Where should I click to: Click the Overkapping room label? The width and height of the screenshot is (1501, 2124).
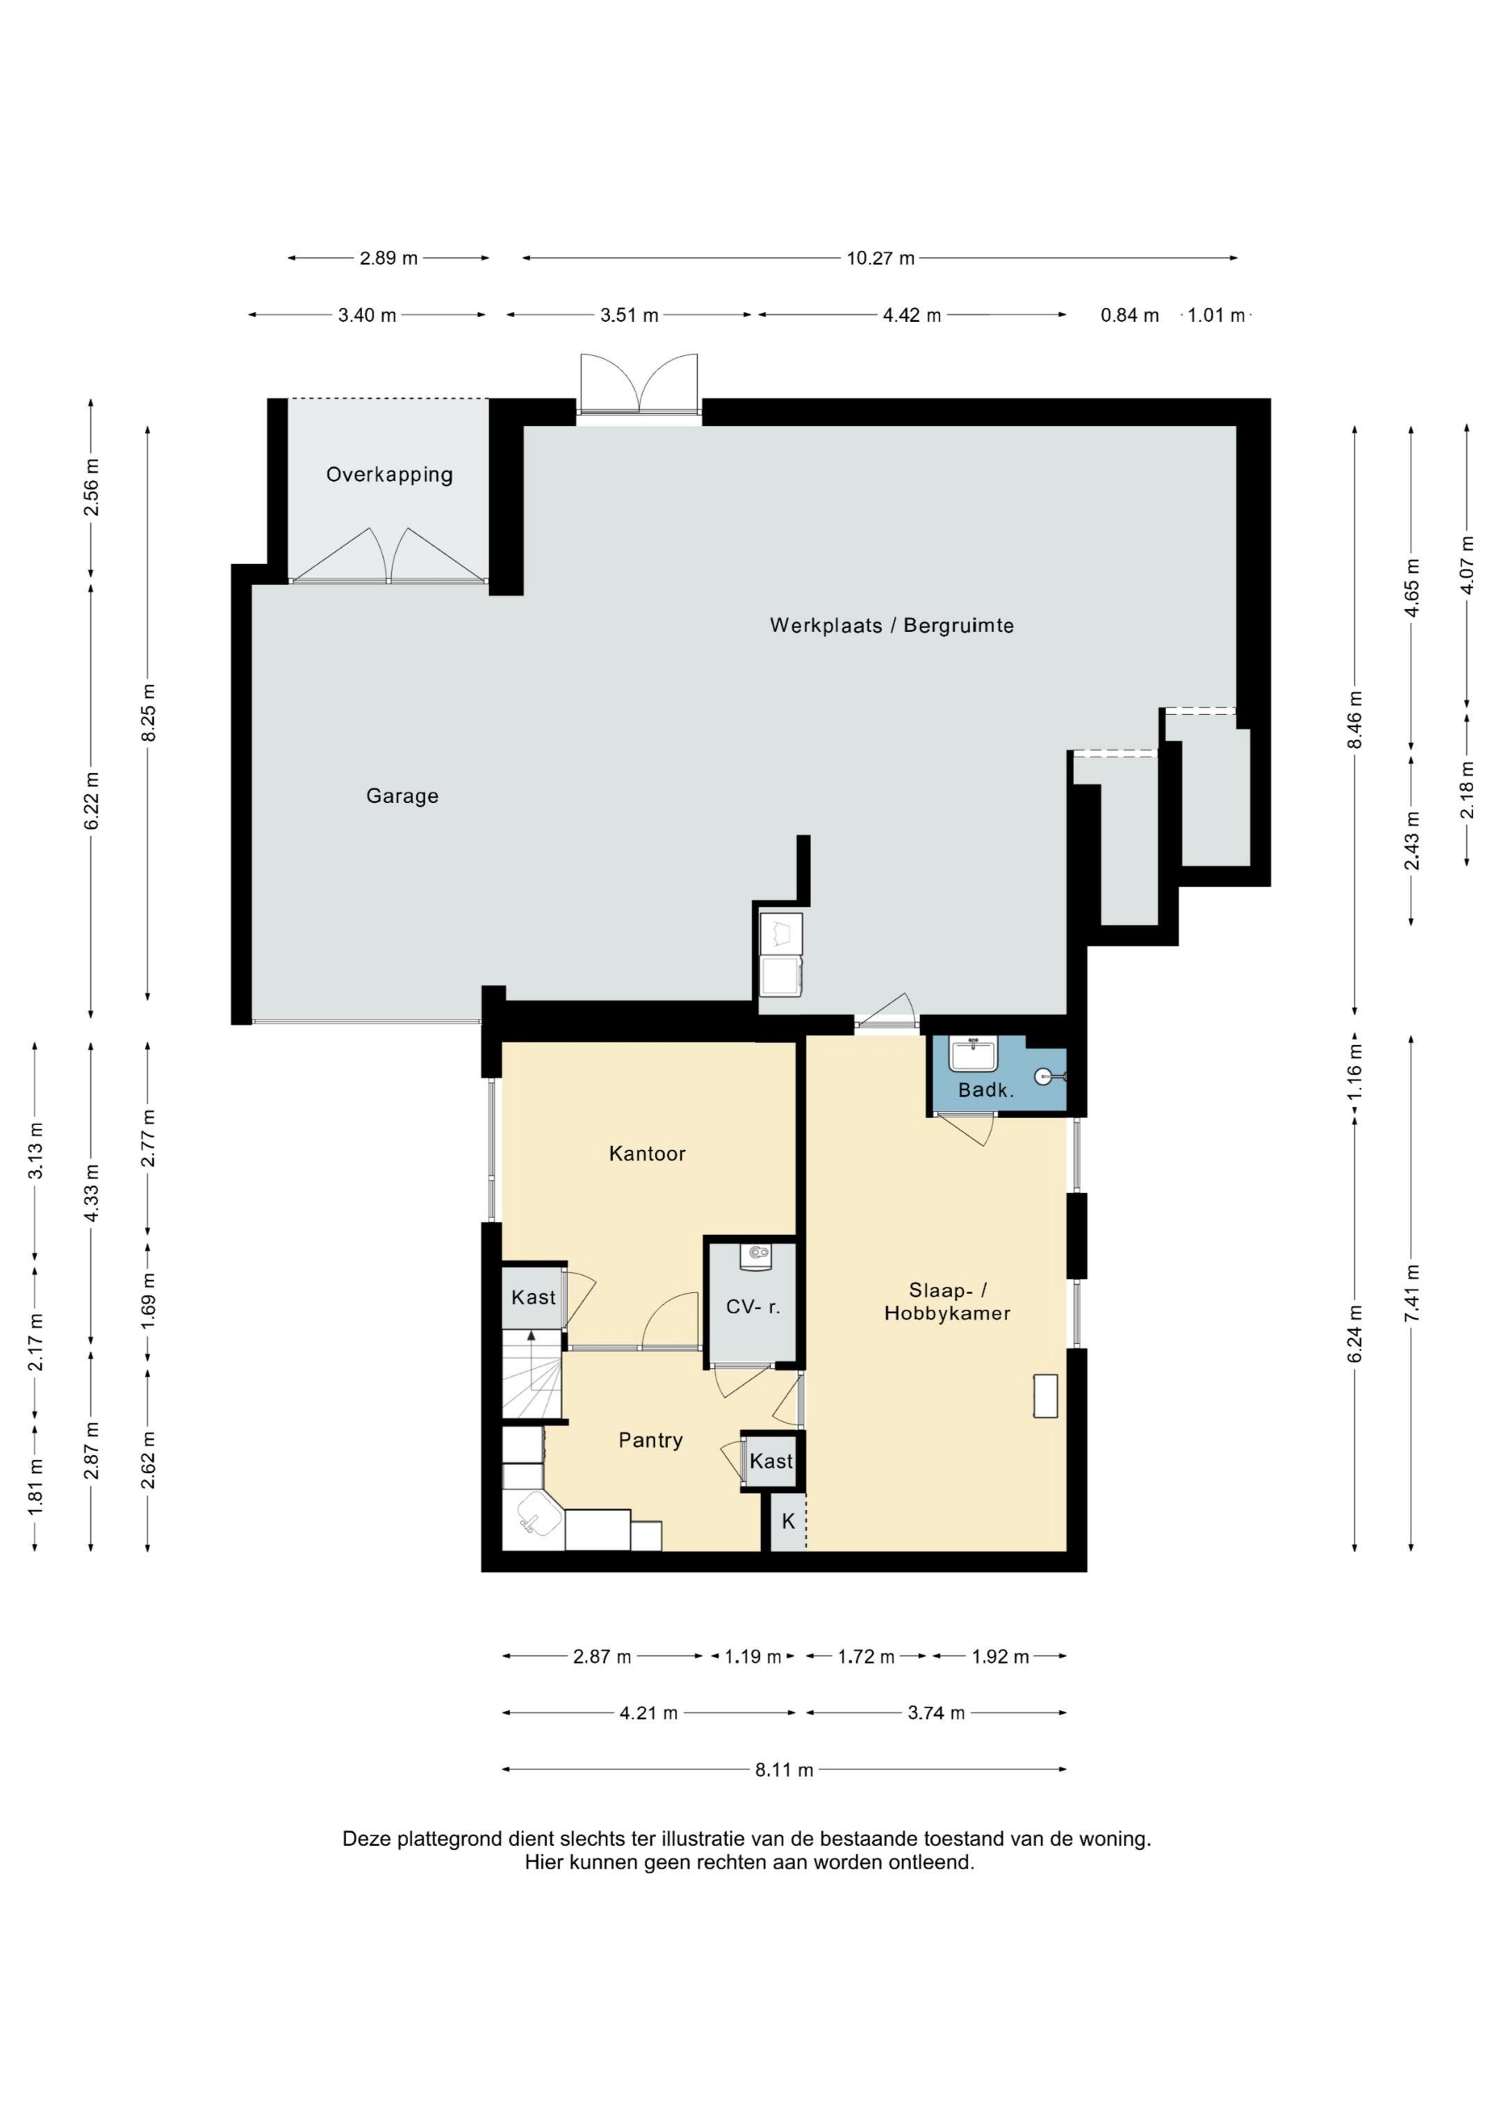[x=389, y=475]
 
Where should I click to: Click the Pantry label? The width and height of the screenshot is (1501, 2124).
[x=651, y=1441]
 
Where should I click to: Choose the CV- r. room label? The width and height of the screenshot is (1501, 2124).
[x=753, y=1307]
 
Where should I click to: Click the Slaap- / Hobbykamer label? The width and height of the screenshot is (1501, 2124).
[x=947, y=1302]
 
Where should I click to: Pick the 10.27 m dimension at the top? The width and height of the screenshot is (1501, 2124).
[x=880, y=258]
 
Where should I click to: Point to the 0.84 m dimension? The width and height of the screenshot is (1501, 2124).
[x=1129, y=316]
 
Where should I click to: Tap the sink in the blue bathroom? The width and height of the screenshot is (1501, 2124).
[x=972, y=1054]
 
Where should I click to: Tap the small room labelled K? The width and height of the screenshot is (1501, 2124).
[x=788, y=1522]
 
